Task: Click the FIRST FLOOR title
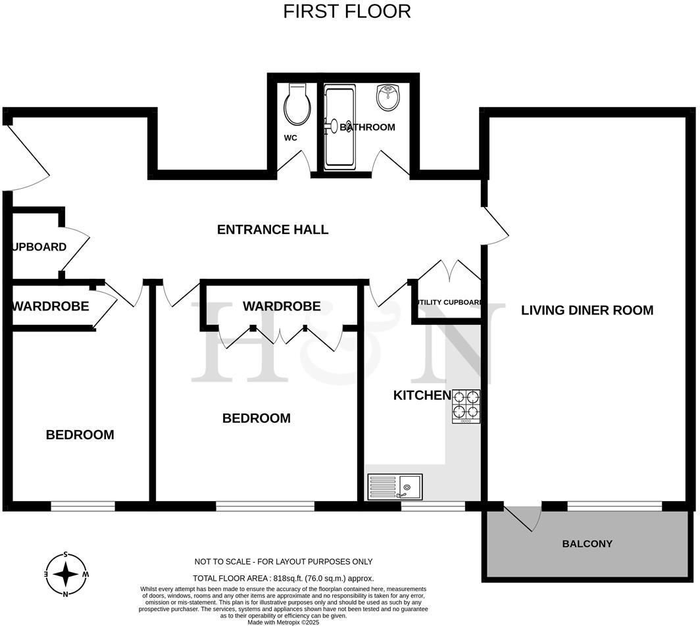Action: tap(347, 11)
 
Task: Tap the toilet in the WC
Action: tap(297, 105)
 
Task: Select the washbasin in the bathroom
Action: tap(389, 97)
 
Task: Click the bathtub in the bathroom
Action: tap(340, 126)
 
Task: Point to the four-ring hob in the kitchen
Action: tap(466, 406)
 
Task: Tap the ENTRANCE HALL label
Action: tap(272, 229)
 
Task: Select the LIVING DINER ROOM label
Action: tap(587, 310)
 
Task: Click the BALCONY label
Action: tap(587, 544)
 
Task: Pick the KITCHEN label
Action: tap(422, 395)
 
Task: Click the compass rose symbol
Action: tap(66, 574)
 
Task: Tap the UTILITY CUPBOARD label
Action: tap(450, 302)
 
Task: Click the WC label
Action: tap(291, 138)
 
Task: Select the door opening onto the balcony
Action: tap(523, 516)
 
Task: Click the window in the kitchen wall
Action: tap(433, 506)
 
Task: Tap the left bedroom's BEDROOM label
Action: tap(80, 435)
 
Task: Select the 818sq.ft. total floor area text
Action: tap(283, 579)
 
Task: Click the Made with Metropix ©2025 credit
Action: tap(283, 621)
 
